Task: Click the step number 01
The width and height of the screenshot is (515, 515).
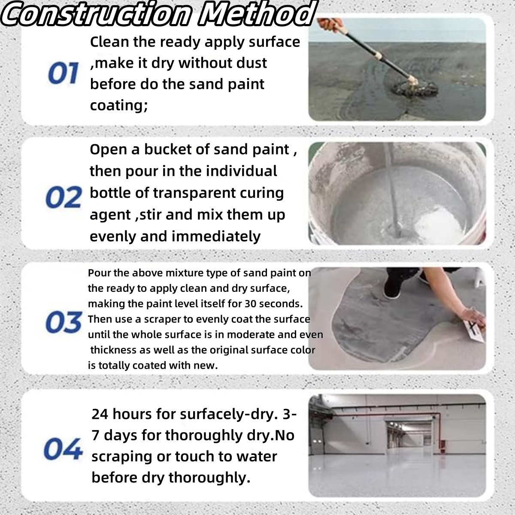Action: pyautogui.click(x=63, y=73)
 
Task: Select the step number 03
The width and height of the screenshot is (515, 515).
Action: pyautogui.click(x=63, y=322)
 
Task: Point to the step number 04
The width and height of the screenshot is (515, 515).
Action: pyautogui.click(x=63, y=449)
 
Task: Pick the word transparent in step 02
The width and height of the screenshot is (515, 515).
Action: pyautogui.click(x=193, y=193)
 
